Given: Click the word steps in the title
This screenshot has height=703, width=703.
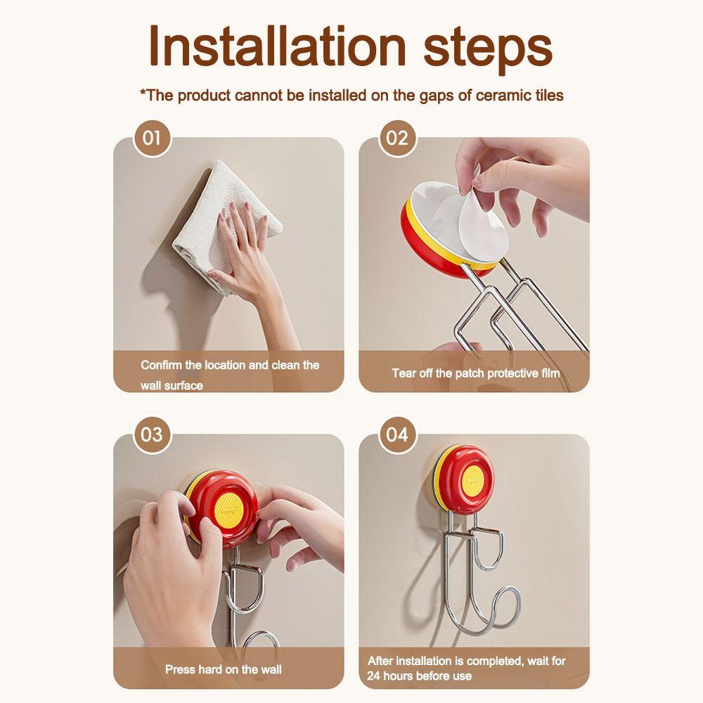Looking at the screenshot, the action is pyautogui.click(x=488, y=49).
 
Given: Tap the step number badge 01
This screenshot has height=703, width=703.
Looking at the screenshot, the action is pyautogui.click(x=152, y=138).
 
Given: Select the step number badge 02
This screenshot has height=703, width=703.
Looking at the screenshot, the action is pyautogui.click(x=397, y=138).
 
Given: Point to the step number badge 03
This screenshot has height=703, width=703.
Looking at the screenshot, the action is pyautogui.click(x=152, y=434).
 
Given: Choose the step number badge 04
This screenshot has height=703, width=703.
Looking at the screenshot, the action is pyautogui.click(x=397, y=434).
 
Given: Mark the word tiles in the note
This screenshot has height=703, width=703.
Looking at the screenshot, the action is pyautogui.click(x=549, y=96).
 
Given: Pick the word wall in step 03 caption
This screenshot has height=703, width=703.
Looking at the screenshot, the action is pyautogui.click(x=271, y=669).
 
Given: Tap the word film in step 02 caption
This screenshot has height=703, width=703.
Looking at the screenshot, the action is pyautogui.click(x=550, y=373).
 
